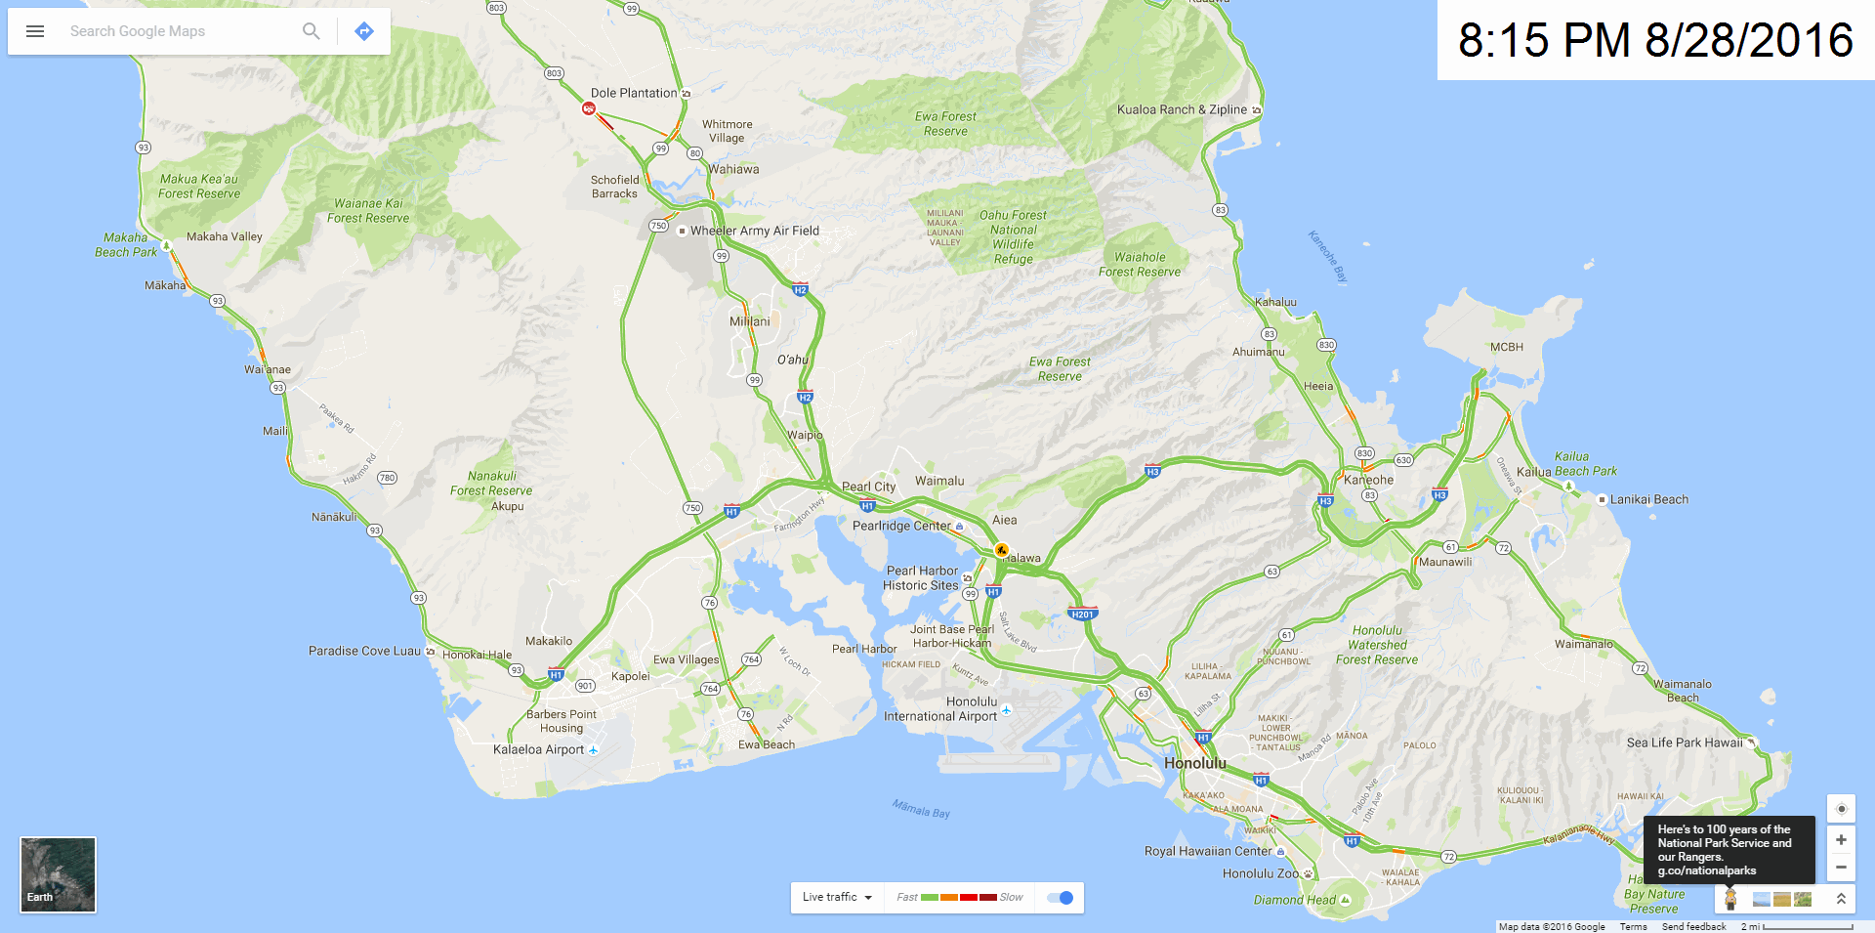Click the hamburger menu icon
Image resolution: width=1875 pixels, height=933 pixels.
click(x=35, y=31)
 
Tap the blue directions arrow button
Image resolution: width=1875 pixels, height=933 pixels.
click(x=364, y=31)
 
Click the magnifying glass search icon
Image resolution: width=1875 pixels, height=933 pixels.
click(x=311, y=31)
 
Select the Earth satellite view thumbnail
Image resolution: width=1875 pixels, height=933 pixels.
click(x=58, y=874)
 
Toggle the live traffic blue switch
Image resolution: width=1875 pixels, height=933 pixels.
click(x=1060, y=898)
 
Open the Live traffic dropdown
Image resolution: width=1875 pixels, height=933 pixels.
click(x=836, y=898)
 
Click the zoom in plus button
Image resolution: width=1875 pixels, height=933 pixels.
click(x=1841, y=840)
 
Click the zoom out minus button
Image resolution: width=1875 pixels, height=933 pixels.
click(x=1841, y=868)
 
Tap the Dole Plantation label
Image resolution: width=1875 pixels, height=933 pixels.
click(x=634, y=93)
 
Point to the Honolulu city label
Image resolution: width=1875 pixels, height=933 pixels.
click(x=1194, y=763)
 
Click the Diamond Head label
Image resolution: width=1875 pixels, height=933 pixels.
click(x=1294, y=900)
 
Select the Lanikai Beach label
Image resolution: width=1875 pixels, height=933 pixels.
click(x=1648, y=499)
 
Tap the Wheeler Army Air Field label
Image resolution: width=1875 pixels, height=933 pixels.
click(x=754, y=231)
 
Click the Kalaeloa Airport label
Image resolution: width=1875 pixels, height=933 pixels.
click(x=538, y=749)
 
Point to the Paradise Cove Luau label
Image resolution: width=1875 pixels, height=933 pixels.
click(x=364, y=651)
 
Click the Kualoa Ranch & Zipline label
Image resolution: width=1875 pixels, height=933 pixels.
click(x=1182, y=109)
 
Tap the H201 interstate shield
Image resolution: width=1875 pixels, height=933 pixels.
click(x=1082, y=615)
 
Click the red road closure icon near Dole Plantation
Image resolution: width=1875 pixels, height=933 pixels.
click(x=589, y=108)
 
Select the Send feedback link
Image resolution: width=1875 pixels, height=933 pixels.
click(x=1693, y=926)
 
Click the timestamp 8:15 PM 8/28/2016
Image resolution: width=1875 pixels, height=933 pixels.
click(x=1655, y=40)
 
